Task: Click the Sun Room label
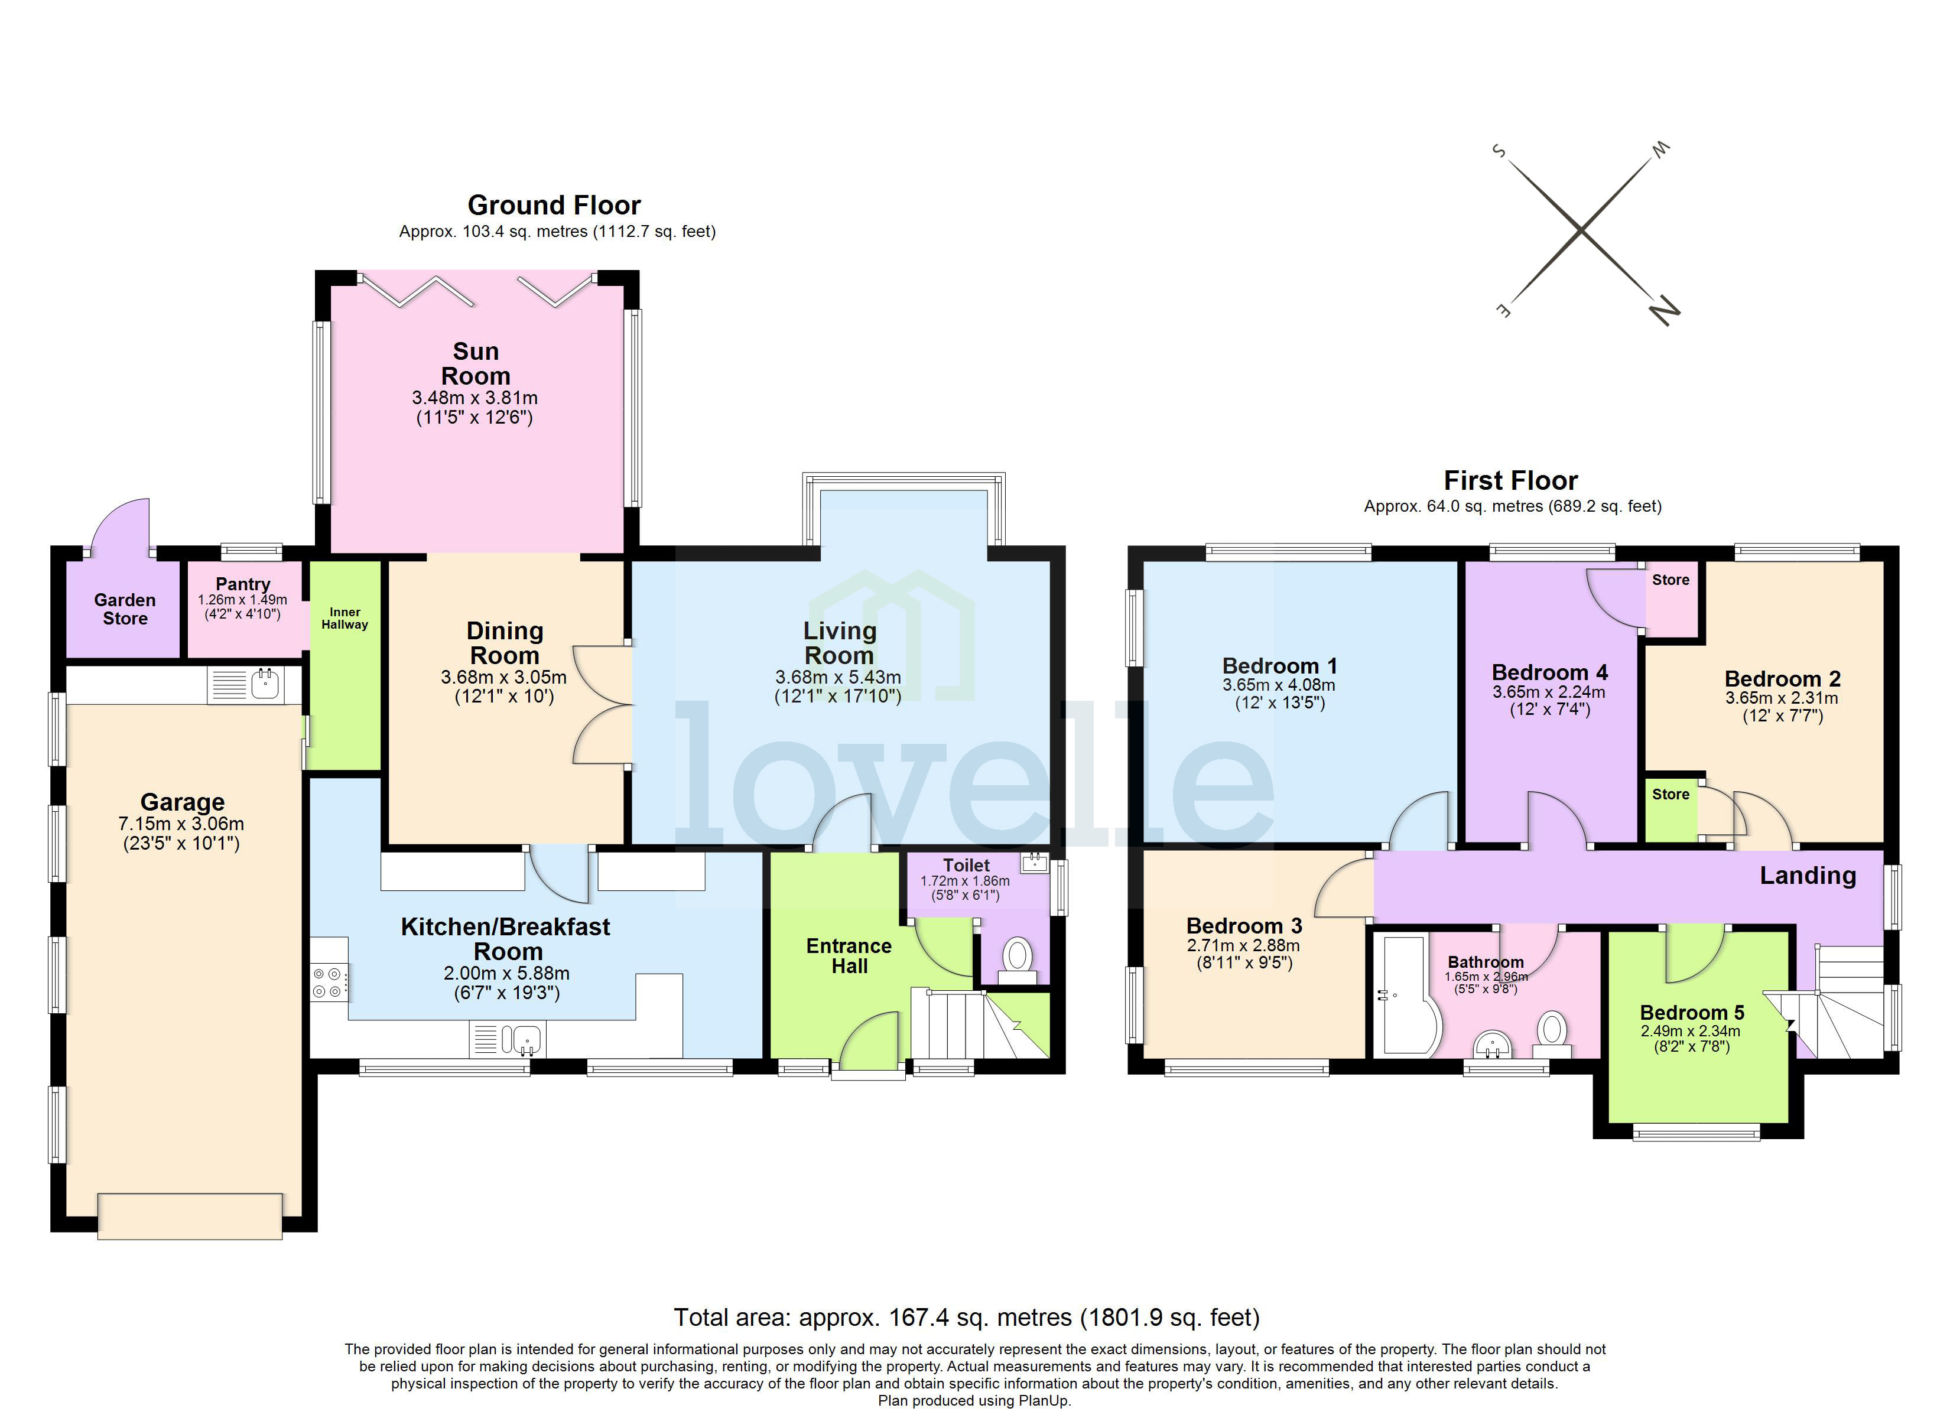pos(476,364)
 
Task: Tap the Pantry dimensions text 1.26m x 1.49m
pos(242,599)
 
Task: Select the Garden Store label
pos(125,609)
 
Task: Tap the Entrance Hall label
pos(849,955)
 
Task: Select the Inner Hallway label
pos(344,618)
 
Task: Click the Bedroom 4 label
pos(1549,672)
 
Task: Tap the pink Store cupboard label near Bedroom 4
pos(1670,580)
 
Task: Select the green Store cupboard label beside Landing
pos(1670,795)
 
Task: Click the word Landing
pos(1807,876)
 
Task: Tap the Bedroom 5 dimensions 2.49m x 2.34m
pos(1691,1031)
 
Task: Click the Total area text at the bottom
pos(966,1318)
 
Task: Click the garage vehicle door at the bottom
pos(190,1215)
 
